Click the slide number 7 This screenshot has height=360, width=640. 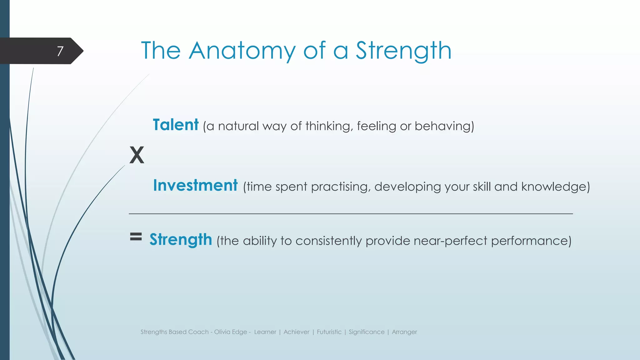(60, 51)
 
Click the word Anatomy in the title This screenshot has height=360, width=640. (242, 51)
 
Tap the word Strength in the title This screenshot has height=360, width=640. (403, 51)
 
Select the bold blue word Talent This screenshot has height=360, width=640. (176, 125)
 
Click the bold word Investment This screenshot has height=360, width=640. (195, 186)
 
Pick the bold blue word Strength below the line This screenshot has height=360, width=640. (181, 240)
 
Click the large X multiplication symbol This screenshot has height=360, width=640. (137, 155)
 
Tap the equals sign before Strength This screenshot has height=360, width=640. (136, 237)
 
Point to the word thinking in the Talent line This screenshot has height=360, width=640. (329, 126)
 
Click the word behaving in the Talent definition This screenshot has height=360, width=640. (444, 126)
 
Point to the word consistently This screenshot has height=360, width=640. (328, 241)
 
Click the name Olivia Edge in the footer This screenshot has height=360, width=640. (231, 332)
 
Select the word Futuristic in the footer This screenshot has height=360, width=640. (329, 332)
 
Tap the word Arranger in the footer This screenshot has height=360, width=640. (404, 332)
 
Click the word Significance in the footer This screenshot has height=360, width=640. (367, 332)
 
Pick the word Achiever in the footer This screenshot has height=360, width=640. (296, 332)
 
